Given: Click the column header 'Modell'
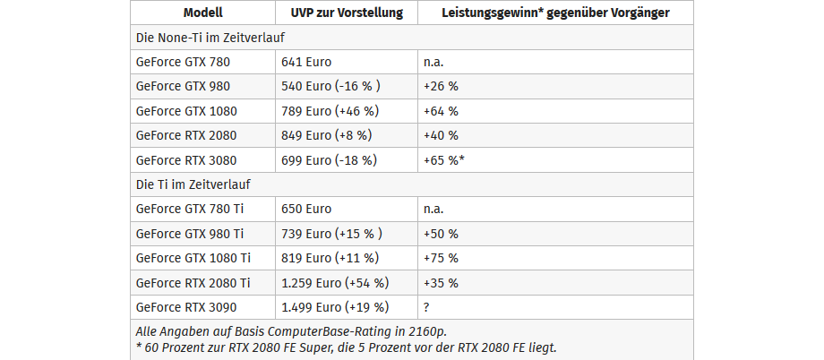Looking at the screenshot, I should click(x=202, y=13).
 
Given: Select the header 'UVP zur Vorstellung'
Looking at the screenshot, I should click(x=347, y=13).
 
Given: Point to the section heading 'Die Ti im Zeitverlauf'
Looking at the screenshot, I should click(x=193, y=184).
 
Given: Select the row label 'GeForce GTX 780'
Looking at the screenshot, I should click(x=183, y=63).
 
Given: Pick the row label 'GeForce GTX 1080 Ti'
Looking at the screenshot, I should click(x=193, y=258).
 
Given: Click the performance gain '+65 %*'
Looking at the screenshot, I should click(x=443, y=160).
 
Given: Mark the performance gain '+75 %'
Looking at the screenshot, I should click(x=441, y=258).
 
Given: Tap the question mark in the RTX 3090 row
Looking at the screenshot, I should click(x=427, y=307).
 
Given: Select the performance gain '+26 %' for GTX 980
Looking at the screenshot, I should click(x=441, y=87).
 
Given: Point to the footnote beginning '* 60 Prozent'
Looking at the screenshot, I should click(x=345, y=347).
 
